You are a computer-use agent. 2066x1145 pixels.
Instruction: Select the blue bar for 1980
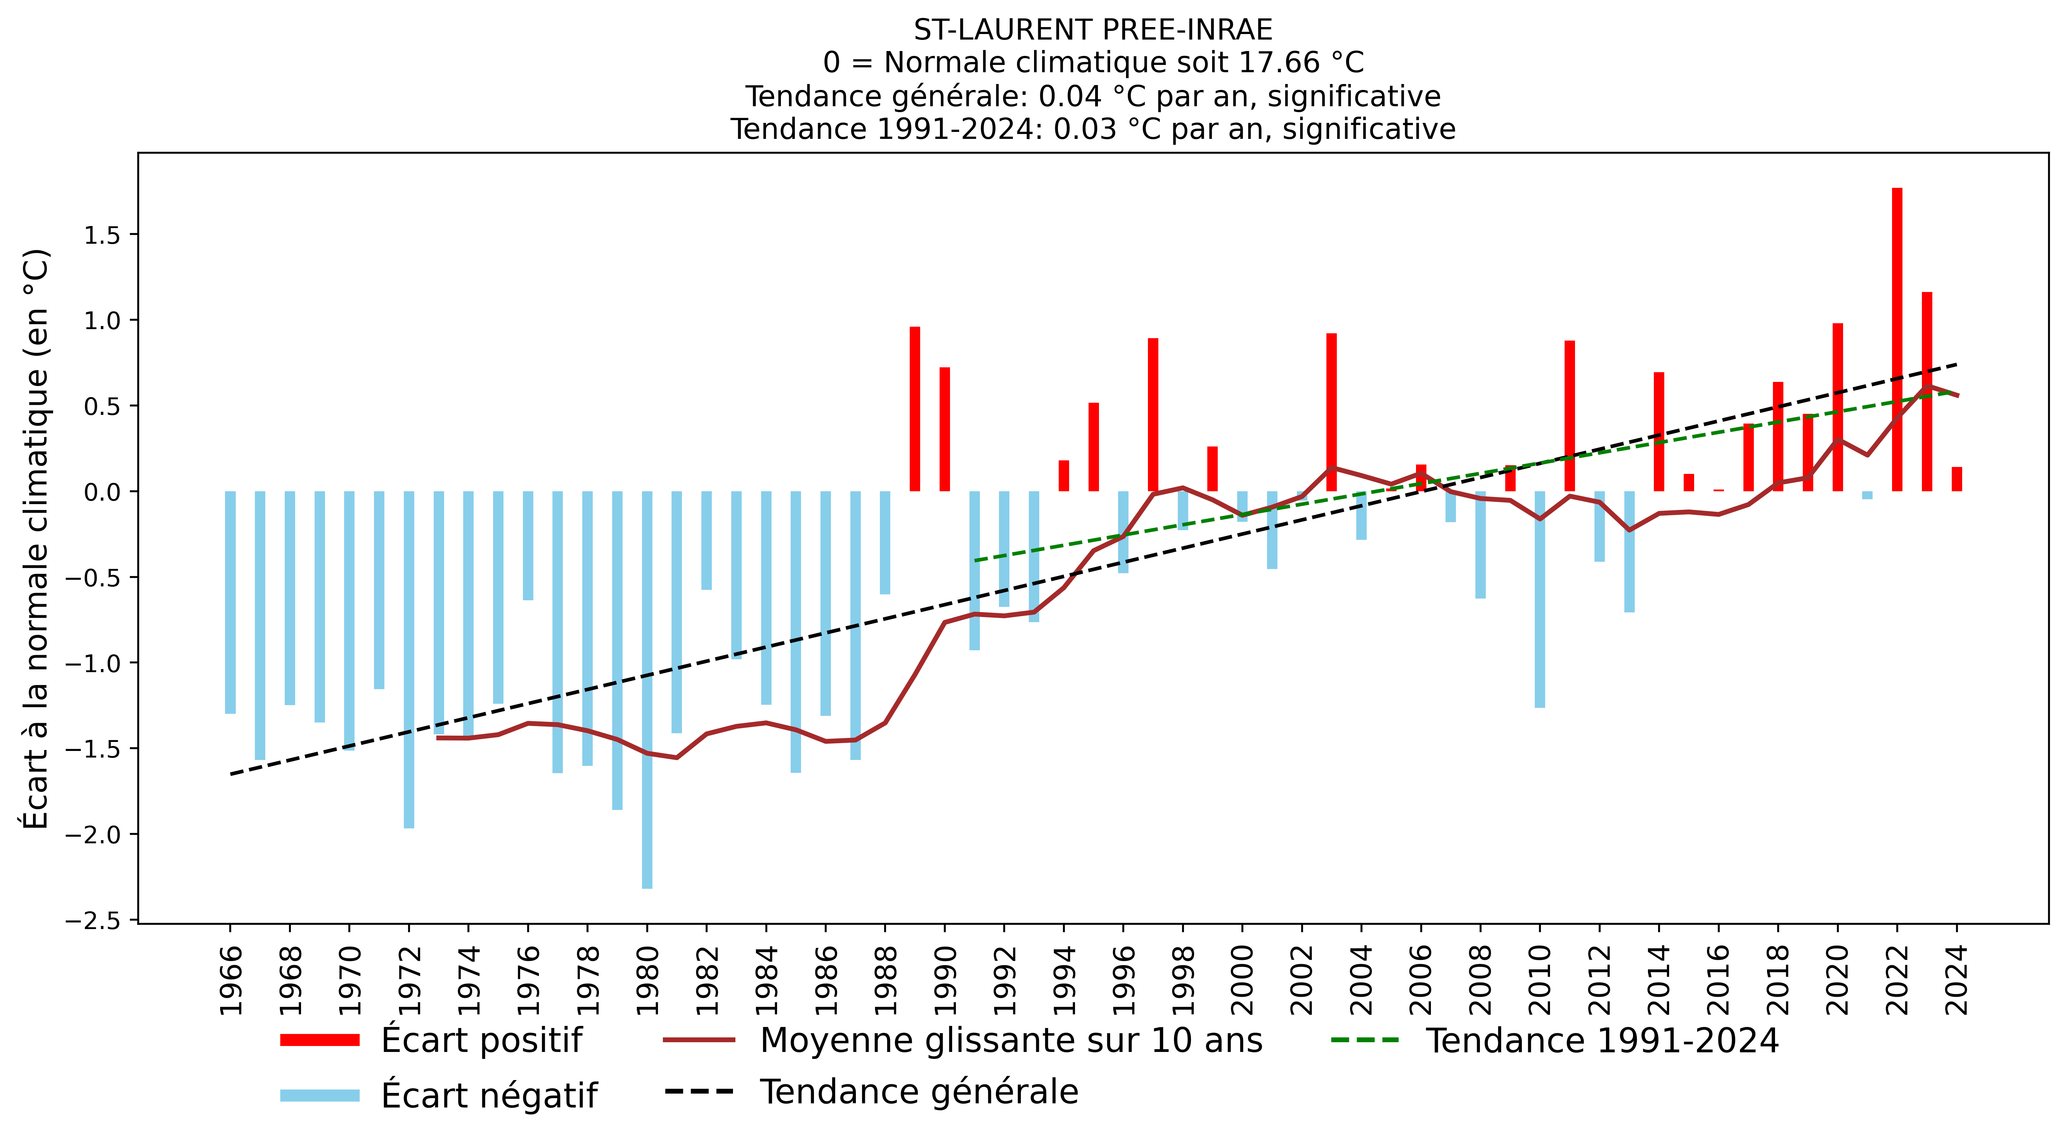(x=647, y=689)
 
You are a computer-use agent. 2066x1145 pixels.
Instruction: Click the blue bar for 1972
(x=409, y=659)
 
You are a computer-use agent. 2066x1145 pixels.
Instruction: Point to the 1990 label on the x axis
(x=945, y=980)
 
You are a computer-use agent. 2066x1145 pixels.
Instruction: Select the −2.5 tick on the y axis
(x=95, y=920)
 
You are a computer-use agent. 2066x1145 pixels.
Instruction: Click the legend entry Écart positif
(x=481, y=1040)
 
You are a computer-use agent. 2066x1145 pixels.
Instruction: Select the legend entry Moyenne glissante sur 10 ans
(x=1010, y=1040)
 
